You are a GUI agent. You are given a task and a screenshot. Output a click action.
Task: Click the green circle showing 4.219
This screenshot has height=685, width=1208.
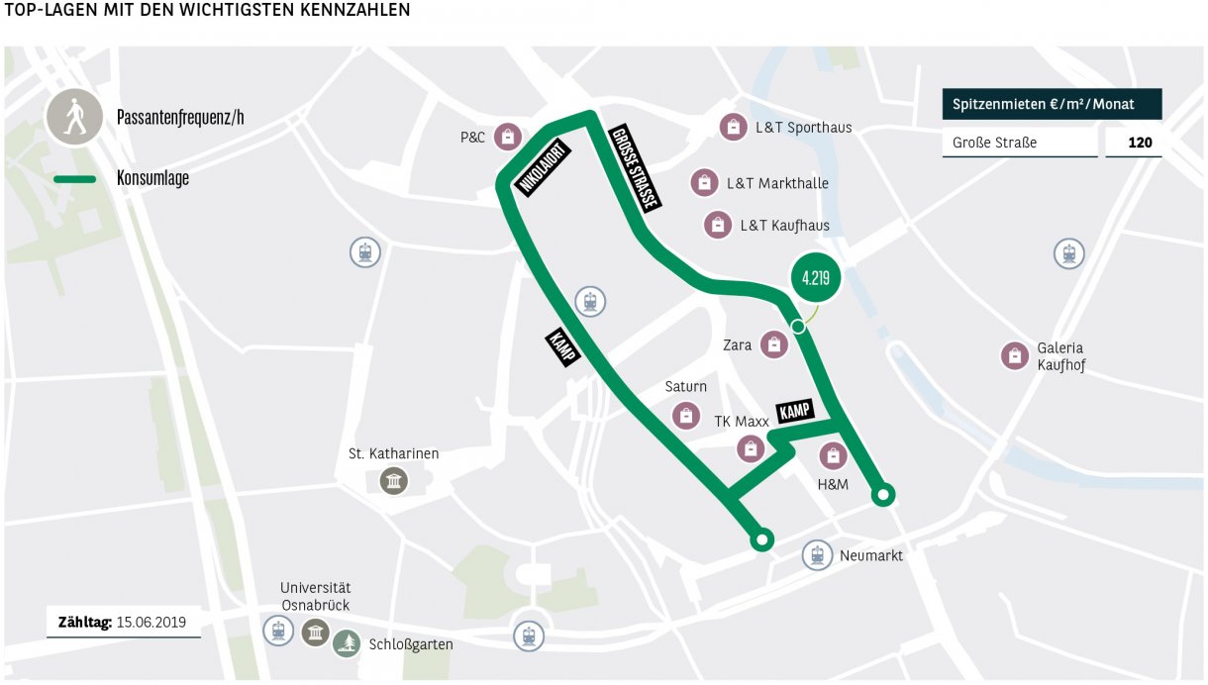(x=815, y=277)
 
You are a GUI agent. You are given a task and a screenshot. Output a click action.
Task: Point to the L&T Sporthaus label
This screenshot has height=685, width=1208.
(x=803, y=128)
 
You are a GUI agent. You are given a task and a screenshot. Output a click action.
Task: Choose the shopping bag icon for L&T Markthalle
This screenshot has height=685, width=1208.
(x=703, y=183)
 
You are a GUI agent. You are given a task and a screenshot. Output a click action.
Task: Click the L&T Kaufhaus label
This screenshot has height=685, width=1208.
(x=784, y=226)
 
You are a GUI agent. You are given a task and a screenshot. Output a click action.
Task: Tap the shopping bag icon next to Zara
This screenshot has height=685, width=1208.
(x=773, y=344)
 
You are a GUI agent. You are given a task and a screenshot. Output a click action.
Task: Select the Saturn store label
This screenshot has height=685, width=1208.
(x=685, y=387)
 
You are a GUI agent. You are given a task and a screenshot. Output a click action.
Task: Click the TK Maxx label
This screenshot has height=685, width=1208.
(x=742, y=422)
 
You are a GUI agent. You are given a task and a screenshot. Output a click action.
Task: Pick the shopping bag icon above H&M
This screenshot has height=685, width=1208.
(x=834, y=455)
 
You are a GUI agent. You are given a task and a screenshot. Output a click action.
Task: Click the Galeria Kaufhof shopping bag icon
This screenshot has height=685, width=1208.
(x=1014, y=355)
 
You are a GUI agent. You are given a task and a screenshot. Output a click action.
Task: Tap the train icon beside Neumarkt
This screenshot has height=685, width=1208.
(x=817, y=555)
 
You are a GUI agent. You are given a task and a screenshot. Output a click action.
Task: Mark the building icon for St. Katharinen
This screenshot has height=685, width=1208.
(x=394, y=481)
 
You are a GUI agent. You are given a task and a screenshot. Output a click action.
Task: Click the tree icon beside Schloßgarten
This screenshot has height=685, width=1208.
(x=347, y=643)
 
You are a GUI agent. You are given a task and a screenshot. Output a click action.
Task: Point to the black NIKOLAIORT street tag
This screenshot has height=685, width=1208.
(x=542, y=168)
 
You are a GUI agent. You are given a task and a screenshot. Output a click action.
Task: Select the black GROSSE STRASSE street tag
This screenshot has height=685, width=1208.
(x=635, y=167)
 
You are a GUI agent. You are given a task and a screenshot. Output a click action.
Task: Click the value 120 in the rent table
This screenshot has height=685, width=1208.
(x=1140, y=143)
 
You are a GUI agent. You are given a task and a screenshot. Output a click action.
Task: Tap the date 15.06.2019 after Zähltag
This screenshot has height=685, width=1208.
(x=151, y=623)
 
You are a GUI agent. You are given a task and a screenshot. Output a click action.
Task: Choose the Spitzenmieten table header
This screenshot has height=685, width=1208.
(x=1052, y=104)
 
